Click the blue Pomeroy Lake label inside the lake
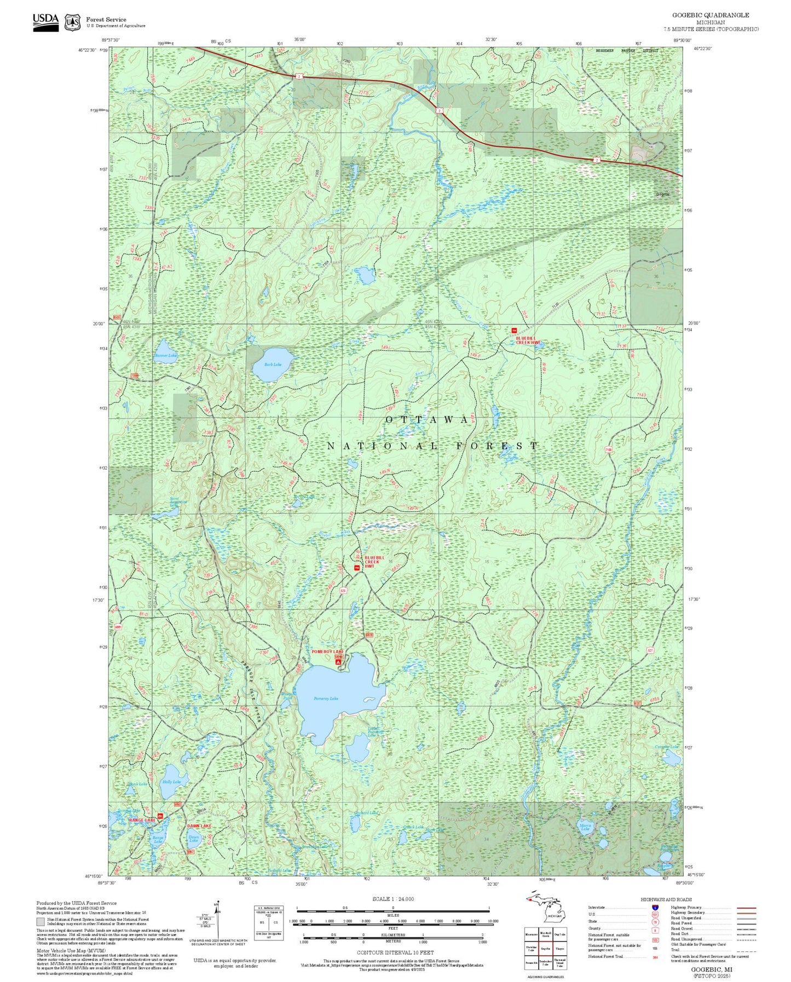point(326,698)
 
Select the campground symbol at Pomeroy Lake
point(338,662)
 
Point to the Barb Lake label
point(273,365)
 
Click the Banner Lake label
point(166,356)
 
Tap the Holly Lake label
point(171,782)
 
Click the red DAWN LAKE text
point(199,825)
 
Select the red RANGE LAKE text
point(142,820)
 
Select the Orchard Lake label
point(366,813)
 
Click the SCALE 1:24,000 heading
point(392,899)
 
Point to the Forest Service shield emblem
point(73,22)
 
